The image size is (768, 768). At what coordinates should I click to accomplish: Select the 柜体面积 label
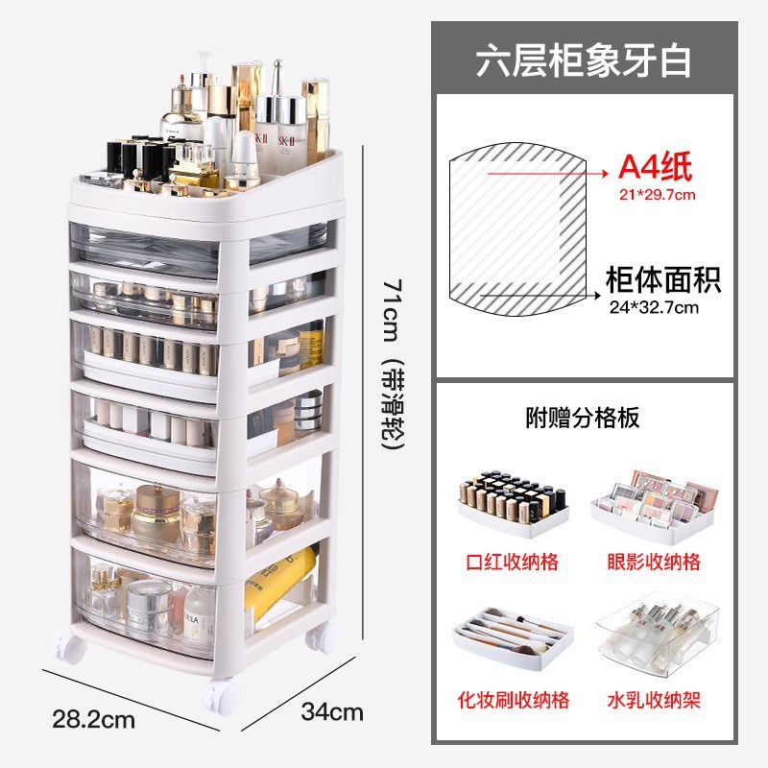(x=663, y=279)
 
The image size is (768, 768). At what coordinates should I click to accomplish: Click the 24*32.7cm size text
(x=654, y=307)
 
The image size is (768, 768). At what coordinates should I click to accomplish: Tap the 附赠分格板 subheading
(x=583, y=419)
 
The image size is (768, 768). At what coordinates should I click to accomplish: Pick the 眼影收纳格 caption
(x=654, y=561)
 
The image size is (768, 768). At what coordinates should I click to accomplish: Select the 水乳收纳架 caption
(x=654, y=700)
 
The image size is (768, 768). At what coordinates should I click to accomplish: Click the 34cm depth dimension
(x=332, y=712)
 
